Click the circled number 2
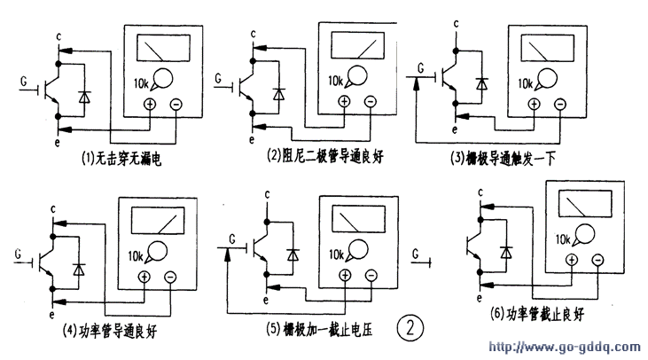click(410, 327)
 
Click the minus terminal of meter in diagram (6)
click(598, 259)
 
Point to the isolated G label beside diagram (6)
click(415, 254)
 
